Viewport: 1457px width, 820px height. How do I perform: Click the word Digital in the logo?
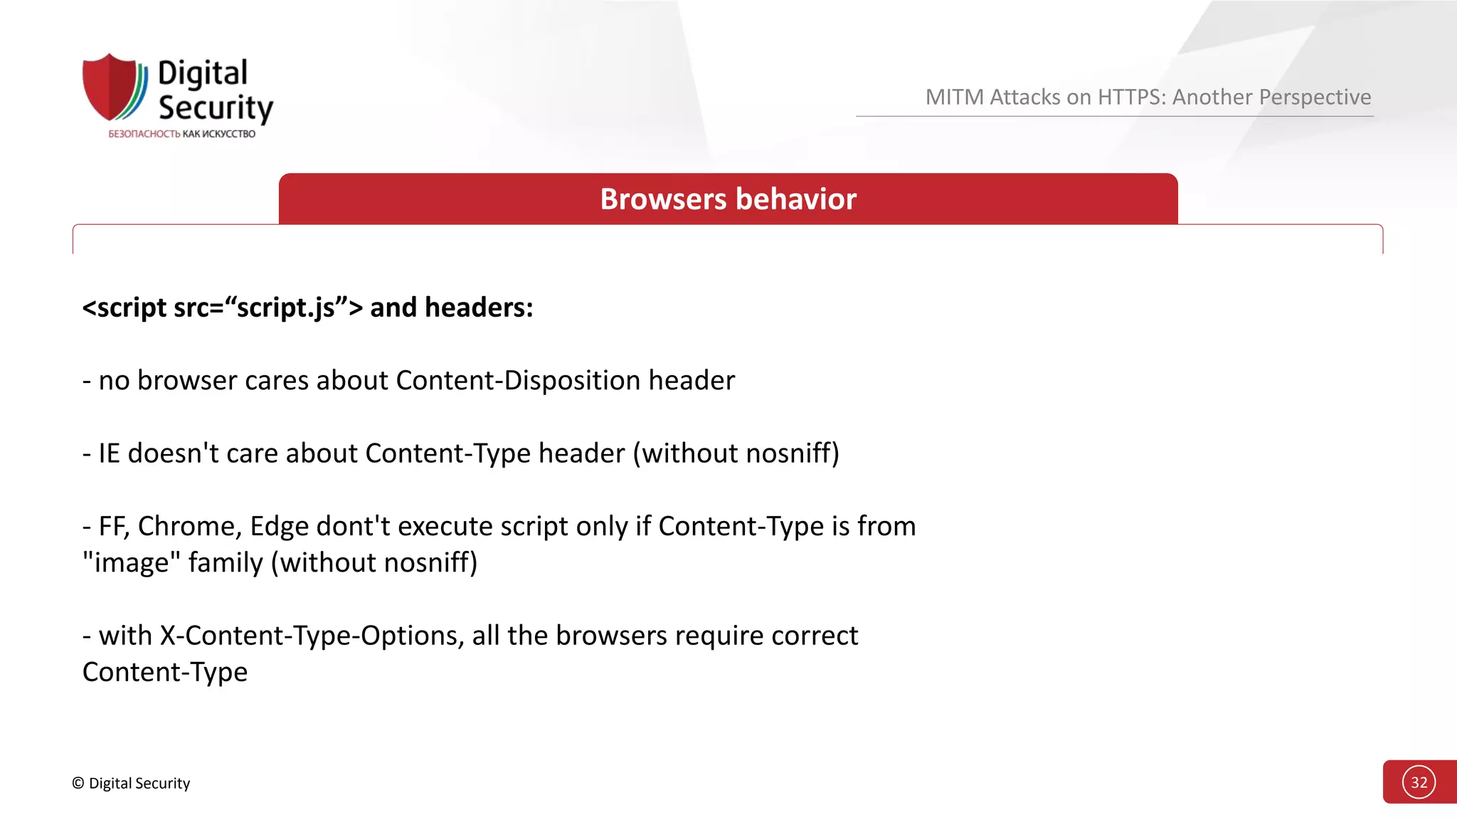click(x=203, y=73)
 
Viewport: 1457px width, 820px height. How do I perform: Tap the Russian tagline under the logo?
click(x=181, y=134)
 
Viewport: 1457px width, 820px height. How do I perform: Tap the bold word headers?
click(x=479, y=307)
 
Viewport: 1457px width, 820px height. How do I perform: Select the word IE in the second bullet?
click(x=109, y=453)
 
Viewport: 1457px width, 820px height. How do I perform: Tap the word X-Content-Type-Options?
click(x=312, y=635)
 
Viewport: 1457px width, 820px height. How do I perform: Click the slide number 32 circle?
click(x=1419, y=782)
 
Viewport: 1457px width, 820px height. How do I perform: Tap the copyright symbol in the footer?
click(x=78, y=783)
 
